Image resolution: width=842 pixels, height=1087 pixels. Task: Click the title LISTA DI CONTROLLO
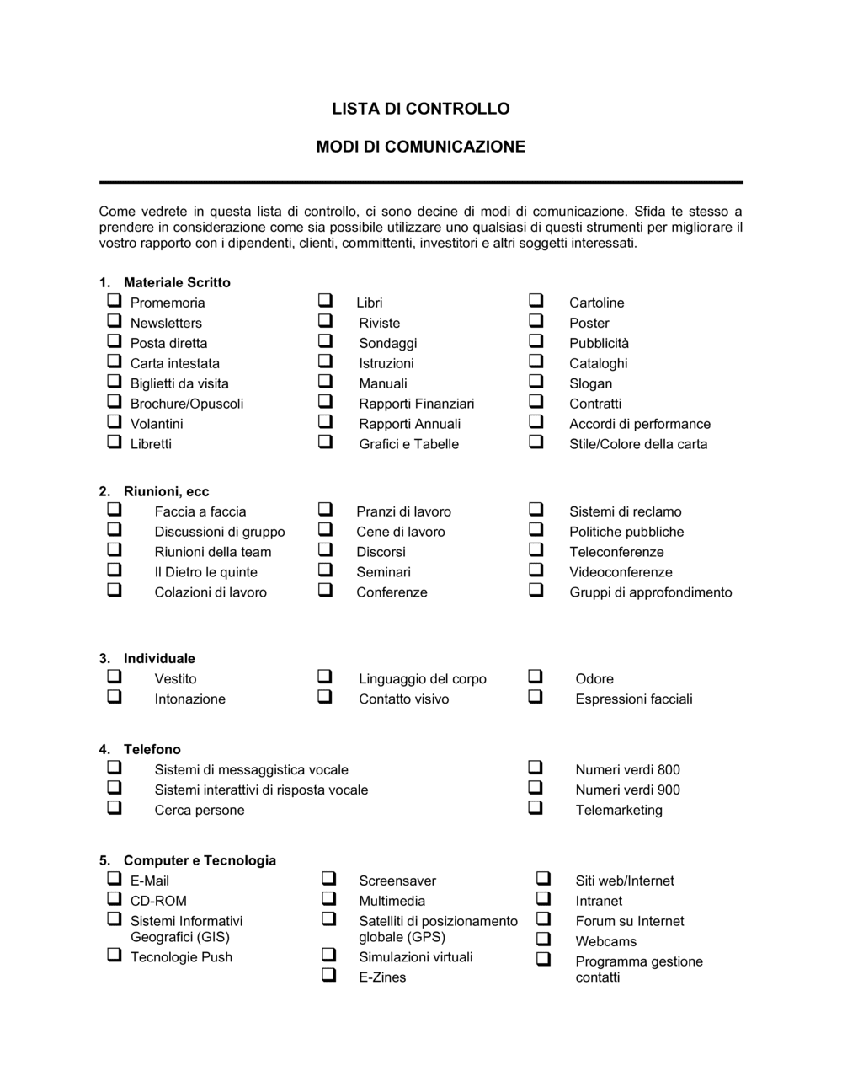(x=420, y=109)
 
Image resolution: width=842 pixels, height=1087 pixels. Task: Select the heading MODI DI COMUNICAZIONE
(x=420, y=147)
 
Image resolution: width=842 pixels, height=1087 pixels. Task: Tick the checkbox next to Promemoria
(x=114, y=301)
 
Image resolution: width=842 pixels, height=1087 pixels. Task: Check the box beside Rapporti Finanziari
(x=325, y=402)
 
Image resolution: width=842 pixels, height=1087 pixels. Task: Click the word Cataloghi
(x=598, y=363)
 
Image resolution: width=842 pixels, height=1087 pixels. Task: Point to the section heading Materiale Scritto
(x=177, y=282)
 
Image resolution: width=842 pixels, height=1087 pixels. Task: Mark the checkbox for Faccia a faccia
(x=114, y=510)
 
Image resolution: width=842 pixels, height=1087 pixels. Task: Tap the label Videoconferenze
(x=621, y=572)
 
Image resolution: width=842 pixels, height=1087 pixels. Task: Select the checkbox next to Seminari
(x=325, y=570)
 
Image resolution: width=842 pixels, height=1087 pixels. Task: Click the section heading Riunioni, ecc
(x=166, y=491)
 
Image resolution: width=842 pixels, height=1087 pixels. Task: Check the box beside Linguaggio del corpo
(x=325, y=677)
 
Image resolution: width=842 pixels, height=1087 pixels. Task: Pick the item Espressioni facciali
(x=633, y=699)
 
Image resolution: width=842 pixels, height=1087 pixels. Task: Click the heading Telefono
(x=152, y=749)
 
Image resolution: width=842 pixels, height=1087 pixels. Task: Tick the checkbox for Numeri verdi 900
(x=536, y=788)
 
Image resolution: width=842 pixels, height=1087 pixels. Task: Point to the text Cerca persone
(x=199, y=810)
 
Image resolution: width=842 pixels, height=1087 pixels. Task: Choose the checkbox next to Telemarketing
(x=536, y=808)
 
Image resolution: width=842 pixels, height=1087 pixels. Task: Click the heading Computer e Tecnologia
(x=200, y=860)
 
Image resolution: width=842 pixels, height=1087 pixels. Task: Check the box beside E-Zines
(x=329, y=975)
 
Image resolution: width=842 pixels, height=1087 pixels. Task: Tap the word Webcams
(x=605, y=941)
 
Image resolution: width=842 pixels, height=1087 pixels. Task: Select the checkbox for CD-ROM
(x=114, y=899)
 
